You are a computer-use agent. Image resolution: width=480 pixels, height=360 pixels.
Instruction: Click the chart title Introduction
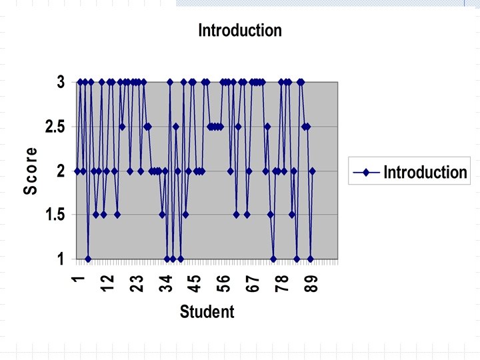click(240, 30)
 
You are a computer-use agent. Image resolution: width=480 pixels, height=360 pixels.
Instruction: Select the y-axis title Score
click(31, 171)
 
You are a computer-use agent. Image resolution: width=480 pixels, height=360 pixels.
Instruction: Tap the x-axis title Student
click(207, 311)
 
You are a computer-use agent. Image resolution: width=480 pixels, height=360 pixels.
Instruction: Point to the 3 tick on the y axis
click(61, 83)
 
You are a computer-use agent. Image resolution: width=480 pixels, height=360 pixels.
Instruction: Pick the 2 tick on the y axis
click(61, 171)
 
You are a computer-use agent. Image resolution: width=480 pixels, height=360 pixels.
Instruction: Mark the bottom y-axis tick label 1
click(61, 259)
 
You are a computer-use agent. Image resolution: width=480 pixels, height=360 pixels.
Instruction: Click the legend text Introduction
click(425, 173)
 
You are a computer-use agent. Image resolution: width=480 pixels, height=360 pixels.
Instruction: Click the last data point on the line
click(312, 171)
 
